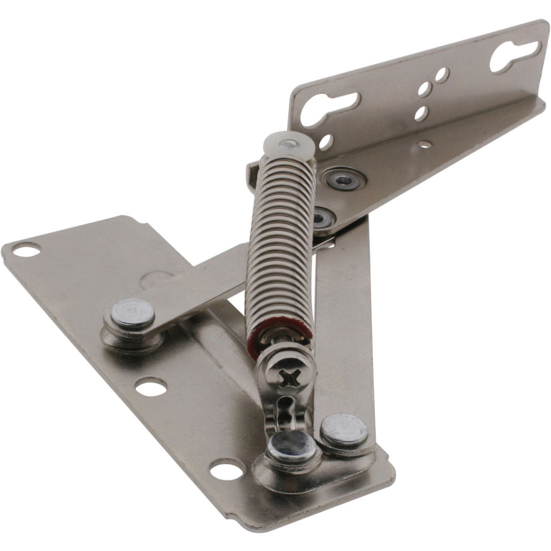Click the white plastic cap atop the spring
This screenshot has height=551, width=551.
289,143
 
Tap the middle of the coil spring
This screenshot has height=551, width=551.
281,240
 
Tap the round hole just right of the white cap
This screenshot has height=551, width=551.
326,142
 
